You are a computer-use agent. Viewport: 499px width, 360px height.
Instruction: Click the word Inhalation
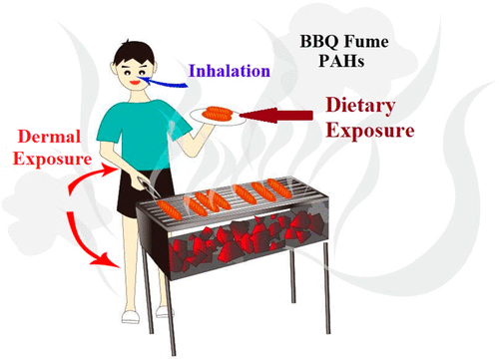[x=230, y=71]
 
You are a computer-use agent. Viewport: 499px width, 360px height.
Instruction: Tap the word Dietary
[x=360, y=106]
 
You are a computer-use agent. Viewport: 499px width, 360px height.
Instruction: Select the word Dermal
[x=49, y=137]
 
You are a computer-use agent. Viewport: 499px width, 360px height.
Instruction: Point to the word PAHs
[x=341, y=61]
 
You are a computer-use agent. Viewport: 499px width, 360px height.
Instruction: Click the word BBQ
[x=319, y=42]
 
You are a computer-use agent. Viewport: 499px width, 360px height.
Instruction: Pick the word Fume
[x=366, y=42]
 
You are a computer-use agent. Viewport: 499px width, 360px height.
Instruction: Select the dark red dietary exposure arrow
[x=276, y=115]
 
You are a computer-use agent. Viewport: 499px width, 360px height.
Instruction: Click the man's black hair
[x=133, y=53]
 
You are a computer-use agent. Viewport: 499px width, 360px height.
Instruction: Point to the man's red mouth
[x=135, y=82]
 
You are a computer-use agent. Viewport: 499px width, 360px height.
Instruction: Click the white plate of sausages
[x=218, y=117]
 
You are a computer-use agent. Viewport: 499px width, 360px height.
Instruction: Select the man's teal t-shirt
[x=142, y=133]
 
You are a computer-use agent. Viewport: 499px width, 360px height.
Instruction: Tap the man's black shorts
[x=143, y=192]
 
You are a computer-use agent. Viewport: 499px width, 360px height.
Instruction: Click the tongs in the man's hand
[x=147, y=186]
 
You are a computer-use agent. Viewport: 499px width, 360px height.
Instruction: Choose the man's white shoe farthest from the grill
[x=131, y=317]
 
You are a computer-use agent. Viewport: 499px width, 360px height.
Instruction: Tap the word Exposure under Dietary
[x=370, y=131]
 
